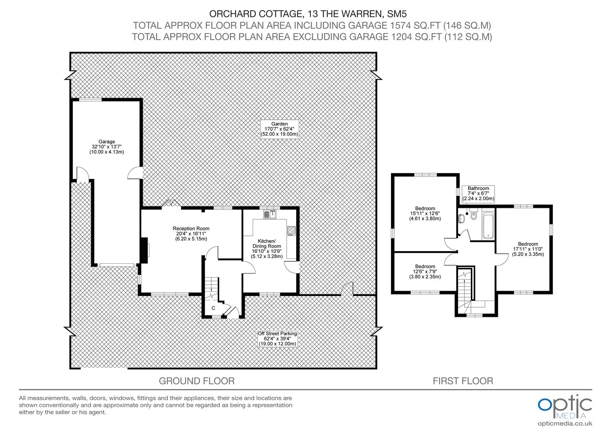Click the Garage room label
[107, 147]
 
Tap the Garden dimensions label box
[279, 129]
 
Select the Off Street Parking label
[277, 338]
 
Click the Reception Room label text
[191, 234]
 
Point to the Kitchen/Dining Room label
[266, 249]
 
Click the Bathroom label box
[478, 194]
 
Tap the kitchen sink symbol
[270, 214]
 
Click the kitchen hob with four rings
[291, 231]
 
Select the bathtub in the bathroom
[488, 225]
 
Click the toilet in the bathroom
[473, 214]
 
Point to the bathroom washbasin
[461, 219]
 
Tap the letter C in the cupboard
[213, 308]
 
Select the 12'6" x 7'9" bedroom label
[425, 272]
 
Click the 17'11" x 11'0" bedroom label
[528, 249]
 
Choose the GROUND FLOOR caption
[197, 381]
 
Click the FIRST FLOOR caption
[463, 381]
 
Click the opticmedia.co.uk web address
[565, 424]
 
